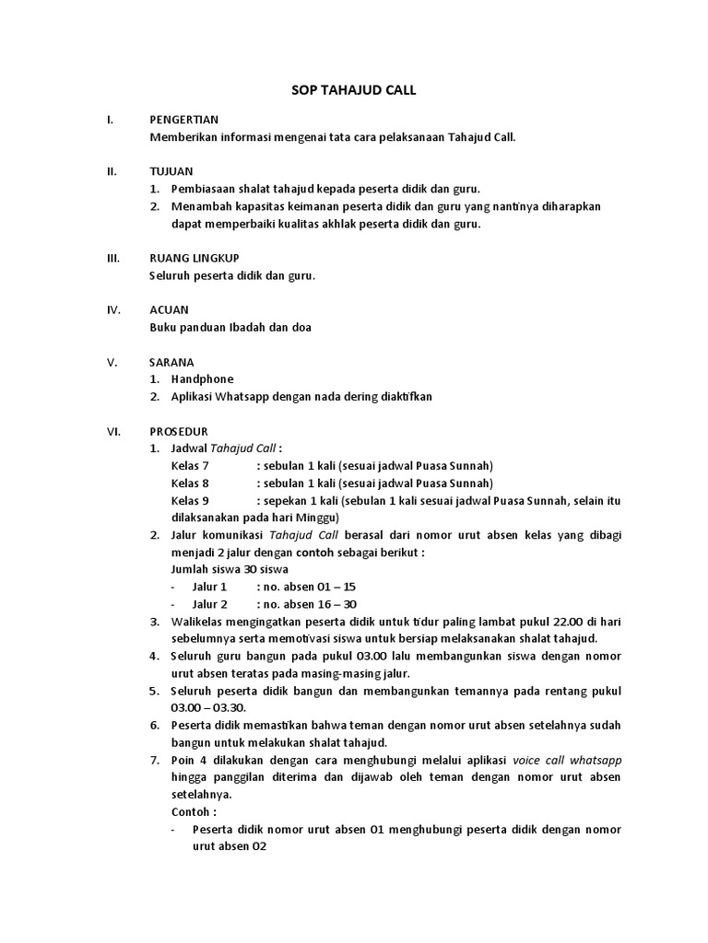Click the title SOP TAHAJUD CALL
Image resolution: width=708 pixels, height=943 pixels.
click(354, 90)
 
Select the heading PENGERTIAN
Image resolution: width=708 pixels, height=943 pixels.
click(183, 121)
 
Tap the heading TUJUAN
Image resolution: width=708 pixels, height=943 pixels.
click(171, 171)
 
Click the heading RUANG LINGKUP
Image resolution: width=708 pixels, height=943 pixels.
click(195, 258)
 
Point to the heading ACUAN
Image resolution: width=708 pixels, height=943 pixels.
click(169, 310)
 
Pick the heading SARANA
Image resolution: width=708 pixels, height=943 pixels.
click(171, 362)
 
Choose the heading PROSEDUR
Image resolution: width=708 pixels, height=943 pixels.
click(179, 431)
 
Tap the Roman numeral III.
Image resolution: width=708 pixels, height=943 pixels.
click(114, 258)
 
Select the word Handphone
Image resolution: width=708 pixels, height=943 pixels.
click(202, 379)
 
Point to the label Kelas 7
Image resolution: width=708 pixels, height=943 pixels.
click(190, 466)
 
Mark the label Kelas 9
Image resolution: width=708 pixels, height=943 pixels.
click(190, 500)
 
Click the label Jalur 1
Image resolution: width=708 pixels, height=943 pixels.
click(209, 587)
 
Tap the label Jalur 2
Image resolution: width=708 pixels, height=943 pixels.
click(209, 604)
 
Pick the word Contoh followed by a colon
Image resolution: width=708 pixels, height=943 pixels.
click(194, 812)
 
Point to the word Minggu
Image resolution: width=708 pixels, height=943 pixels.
click(318, 518)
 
